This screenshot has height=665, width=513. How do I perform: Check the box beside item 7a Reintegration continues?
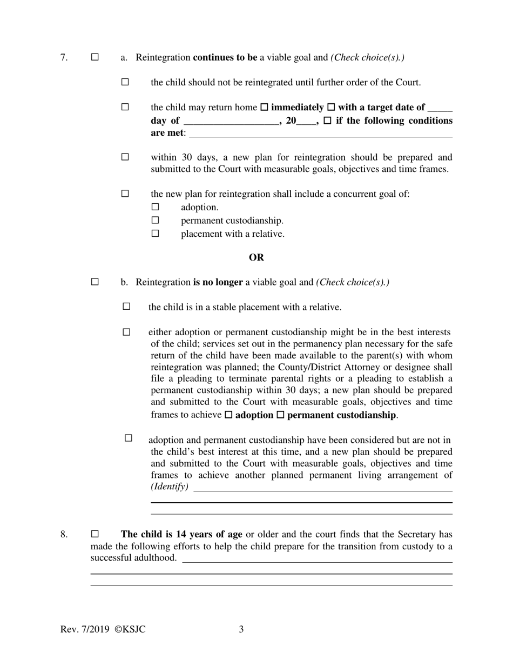tap(95, 57)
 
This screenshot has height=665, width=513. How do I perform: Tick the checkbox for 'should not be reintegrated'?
tap(125, 82)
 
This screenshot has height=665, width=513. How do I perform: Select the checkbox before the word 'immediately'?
tap(264, 108)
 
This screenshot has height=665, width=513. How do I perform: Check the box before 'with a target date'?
tap(331, 108)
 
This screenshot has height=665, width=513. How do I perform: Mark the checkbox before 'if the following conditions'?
tap(327, 121)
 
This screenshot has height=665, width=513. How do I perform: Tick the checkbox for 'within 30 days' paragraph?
tap(125, 157)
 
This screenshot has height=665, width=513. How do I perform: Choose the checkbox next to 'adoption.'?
tap(156, 207)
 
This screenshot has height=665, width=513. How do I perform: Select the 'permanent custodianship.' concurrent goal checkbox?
tap(156, 220)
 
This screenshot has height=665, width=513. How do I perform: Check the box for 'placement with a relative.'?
tap(156, 234)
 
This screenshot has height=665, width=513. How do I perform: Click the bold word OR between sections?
tap(256, 257)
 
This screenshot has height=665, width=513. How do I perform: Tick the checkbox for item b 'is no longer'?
tap(95, 282)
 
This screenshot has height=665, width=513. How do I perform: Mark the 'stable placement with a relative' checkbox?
tap(126, 307)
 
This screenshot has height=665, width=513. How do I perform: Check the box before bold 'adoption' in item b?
tap(228, 415)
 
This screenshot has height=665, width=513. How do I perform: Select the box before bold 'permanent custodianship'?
tap(280, 415)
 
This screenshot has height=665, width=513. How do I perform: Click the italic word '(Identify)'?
tap(170, 487)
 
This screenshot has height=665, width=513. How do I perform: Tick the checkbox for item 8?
tap(95, 534)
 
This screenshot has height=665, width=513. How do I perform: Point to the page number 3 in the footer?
tap(241, 629)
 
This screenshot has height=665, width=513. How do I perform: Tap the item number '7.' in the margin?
tap(64, 57)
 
